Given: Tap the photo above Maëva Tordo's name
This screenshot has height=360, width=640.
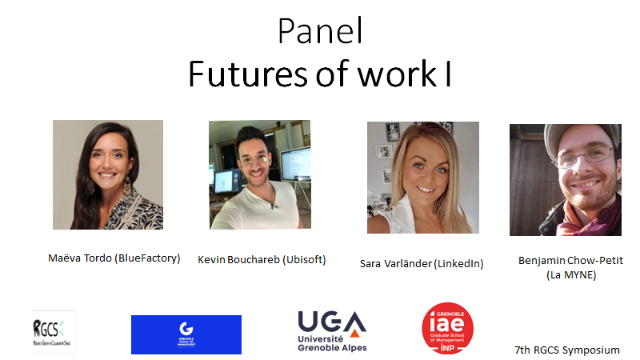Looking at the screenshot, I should (x=108, y=174).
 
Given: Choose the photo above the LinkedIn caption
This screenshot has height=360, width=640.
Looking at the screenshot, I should (x=423, y=178).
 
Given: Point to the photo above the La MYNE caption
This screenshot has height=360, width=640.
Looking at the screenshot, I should (x=565, y=180).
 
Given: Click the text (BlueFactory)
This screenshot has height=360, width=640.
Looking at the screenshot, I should (x=150, y=258).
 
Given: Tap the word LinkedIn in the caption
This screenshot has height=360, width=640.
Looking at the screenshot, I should (x=458, y=263).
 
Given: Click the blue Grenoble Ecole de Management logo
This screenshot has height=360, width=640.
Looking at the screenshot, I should (x=186, y=334).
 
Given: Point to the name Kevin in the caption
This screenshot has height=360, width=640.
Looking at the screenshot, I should (x=212, y=259).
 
